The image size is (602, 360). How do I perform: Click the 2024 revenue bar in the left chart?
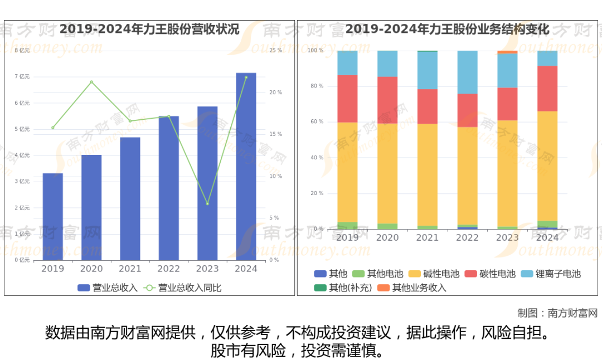pos(246,167)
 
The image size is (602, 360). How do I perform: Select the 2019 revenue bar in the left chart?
pos(53,217)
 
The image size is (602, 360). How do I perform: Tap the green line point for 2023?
pos(207,203)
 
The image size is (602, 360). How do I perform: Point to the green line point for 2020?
pos(91,82)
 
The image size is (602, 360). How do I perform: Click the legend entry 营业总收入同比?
pos(183,288)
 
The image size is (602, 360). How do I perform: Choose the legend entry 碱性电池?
pos(434,274)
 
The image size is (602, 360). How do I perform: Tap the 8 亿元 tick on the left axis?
pos(22,51)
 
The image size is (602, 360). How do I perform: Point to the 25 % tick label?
pos(276,51)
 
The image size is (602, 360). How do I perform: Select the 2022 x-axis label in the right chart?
pos(467,237)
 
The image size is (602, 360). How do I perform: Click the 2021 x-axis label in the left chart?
pos(130,269)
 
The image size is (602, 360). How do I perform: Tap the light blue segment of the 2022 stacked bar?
pos(467,72)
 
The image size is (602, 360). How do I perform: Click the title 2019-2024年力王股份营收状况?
pos(149,29)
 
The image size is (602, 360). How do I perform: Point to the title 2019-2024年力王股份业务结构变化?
pos(447,29)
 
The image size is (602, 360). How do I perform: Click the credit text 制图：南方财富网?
pos(557,313)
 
